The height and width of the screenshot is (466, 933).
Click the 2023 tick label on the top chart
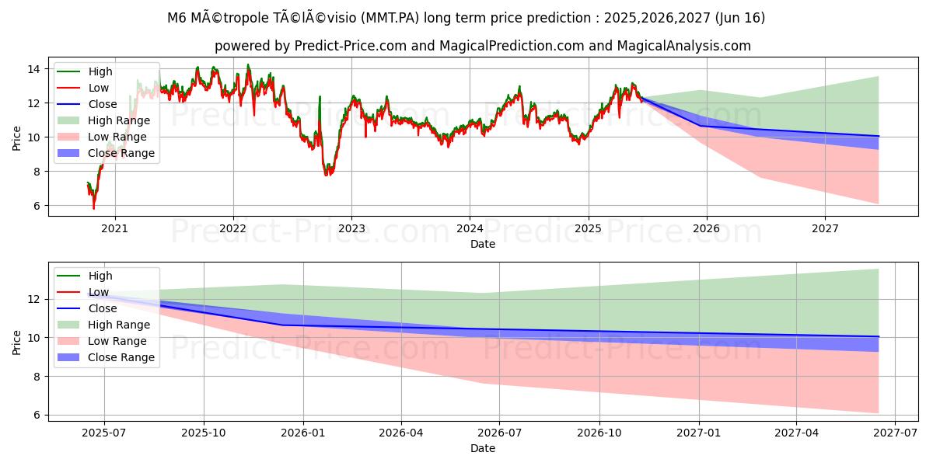pos(351,229)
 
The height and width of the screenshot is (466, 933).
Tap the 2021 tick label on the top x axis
pos(115,229)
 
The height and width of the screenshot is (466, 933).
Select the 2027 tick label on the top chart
pos(825,229)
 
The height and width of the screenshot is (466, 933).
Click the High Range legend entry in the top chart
pos(119,120)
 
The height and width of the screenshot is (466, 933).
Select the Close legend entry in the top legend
pos(103,104)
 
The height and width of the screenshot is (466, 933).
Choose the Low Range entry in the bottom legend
pos(117,341)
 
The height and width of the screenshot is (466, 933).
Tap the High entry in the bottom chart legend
pos(100,276)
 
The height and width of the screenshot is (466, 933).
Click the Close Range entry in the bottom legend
pos(121,357)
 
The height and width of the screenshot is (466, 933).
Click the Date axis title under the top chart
pos(482,244)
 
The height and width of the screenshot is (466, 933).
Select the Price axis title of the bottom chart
pos(17,342)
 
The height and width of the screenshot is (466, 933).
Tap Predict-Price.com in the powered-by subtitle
pos(350,46)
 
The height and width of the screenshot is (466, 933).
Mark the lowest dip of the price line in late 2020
pos(94,208)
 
